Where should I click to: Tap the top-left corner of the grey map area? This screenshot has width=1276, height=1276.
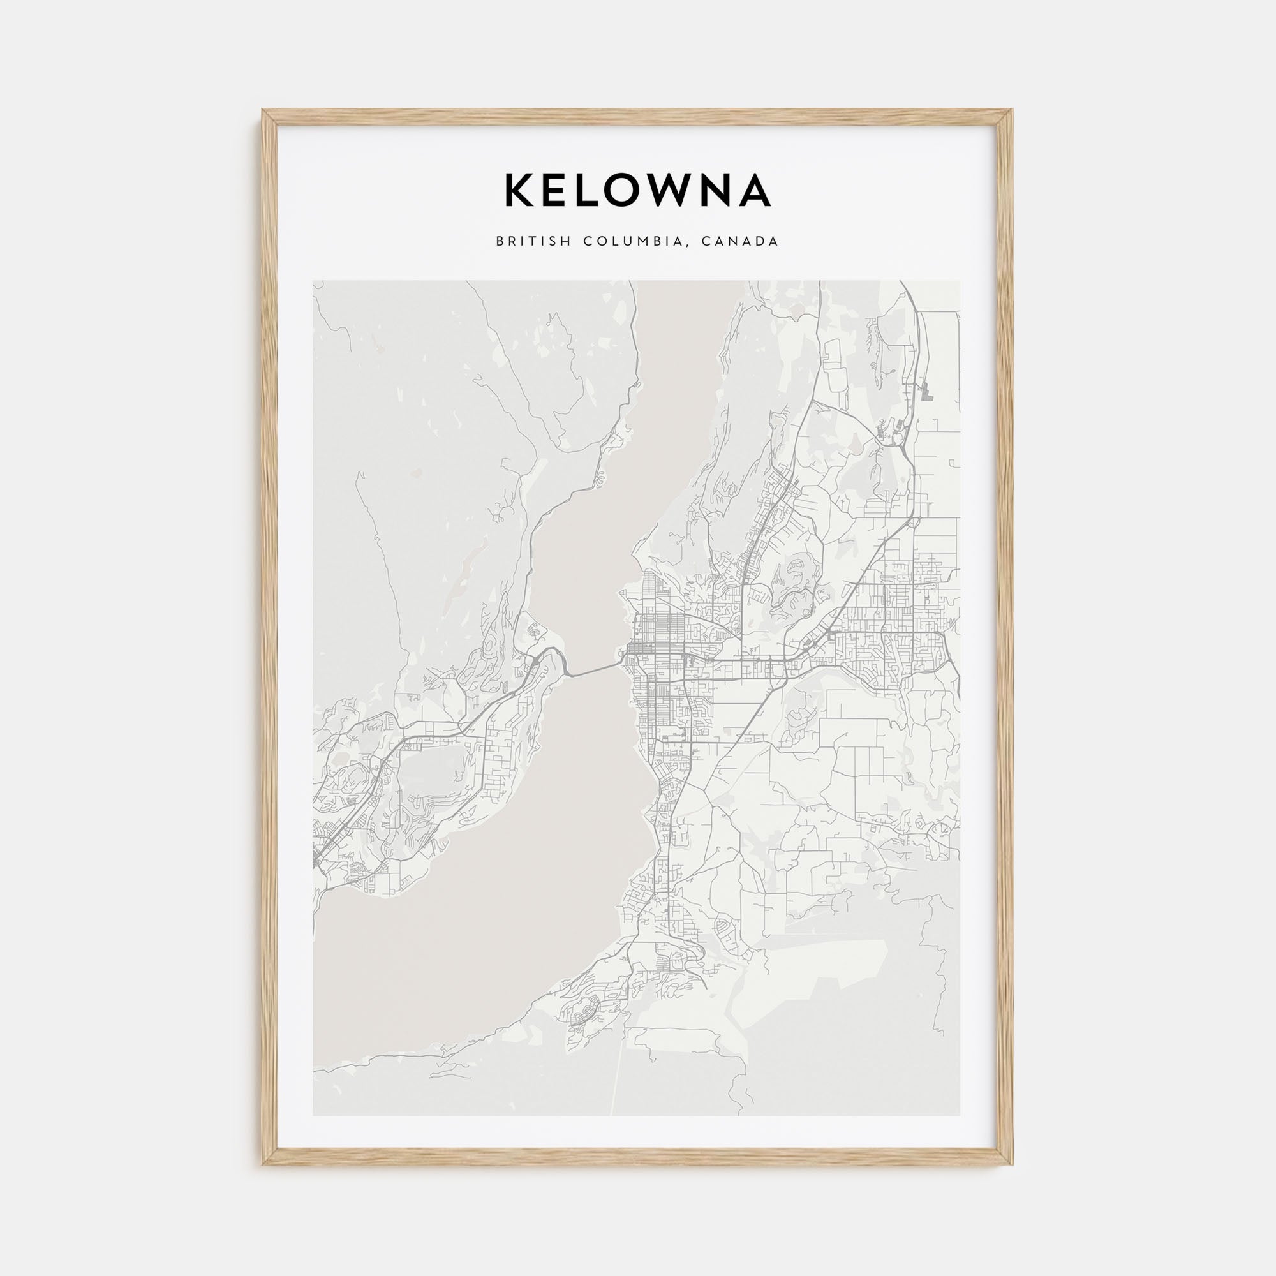[313, 281]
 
